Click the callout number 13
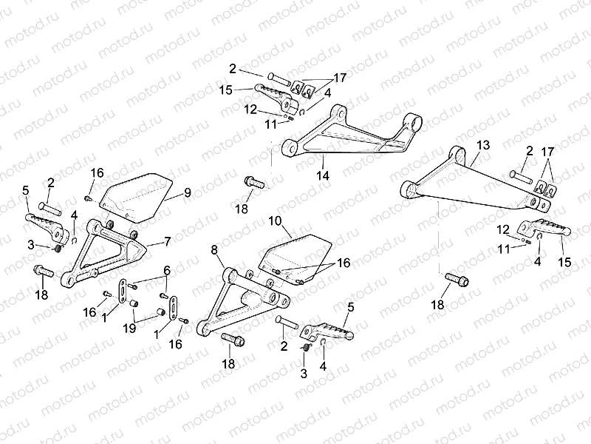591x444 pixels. point(482,145)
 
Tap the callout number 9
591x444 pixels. point(188,193)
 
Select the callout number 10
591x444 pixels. point(275,221)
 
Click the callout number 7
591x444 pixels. point(167,242)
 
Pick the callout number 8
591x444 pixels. point(215,252)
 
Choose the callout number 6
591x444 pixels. point(167,270)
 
